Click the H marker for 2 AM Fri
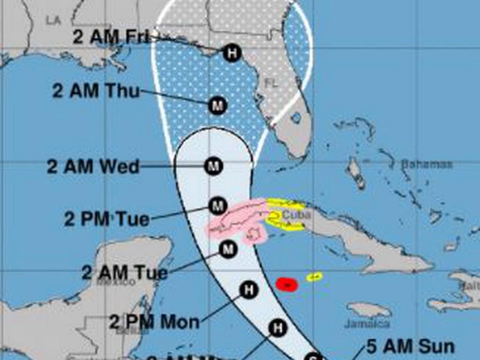coord(232,52)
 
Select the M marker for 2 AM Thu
coord(217,105)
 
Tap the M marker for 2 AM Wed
coord(214,166)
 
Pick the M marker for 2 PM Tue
coord(217,205)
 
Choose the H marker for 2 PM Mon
coord(248,290)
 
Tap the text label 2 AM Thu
coord(96,91)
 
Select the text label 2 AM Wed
coord(93,167)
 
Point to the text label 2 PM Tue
coord(107,219)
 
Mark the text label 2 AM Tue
coord(125,272)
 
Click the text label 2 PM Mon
coord(154,322)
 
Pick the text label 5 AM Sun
coord(410,347)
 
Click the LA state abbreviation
coord(54,21)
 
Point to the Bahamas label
coord(427,165)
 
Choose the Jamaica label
coord(367,323)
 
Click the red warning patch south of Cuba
coord(287,284)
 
